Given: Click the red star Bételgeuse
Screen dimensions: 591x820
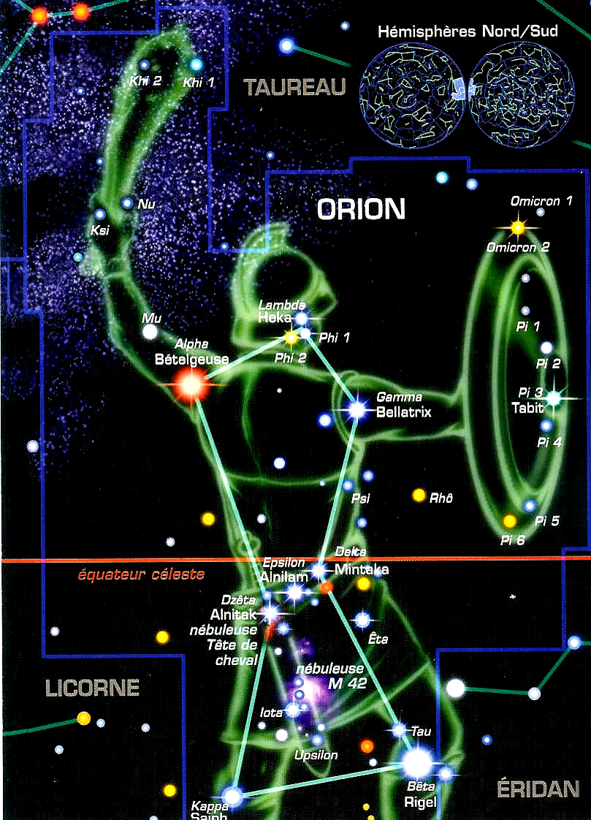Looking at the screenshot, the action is point(190,384).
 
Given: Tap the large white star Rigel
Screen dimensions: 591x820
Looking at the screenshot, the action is point(419,762).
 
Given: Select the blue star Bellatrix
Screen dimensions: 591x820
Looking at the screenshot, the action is point(357,409).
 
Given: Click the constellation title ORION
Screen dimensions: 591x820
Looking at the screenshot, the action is point(360,210).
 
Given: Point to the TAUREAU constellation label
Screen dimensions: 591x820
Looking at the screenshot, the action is point(294,88).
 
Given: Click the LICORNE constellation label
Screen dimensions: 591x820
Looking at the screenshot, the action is point(92,688).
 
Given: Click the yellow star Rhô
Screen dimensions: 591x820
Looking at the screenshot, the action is point(419,496).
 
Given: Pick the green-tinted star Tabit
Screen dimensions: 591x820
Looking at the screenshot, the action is point(553,398).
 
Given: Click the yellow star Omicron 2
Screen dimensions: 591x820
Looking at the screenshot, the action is point(518,227).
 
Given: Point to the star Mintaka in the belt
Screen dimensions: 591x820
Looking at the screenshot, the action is point(319,569).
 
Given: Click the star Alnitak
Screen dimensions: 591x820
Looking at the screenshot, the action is point(271,612).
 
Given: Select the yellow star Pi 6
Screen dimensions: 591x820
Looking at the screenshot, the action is point(509,521).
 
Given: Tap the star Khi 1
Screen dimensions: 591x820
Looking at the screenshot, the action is point(196,64).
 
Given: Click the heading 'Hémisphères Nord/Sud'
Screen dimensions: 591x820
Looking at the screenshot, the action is point(468,33).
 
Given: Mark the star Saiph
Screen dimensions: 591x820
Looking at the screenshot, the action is point(232,796).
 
